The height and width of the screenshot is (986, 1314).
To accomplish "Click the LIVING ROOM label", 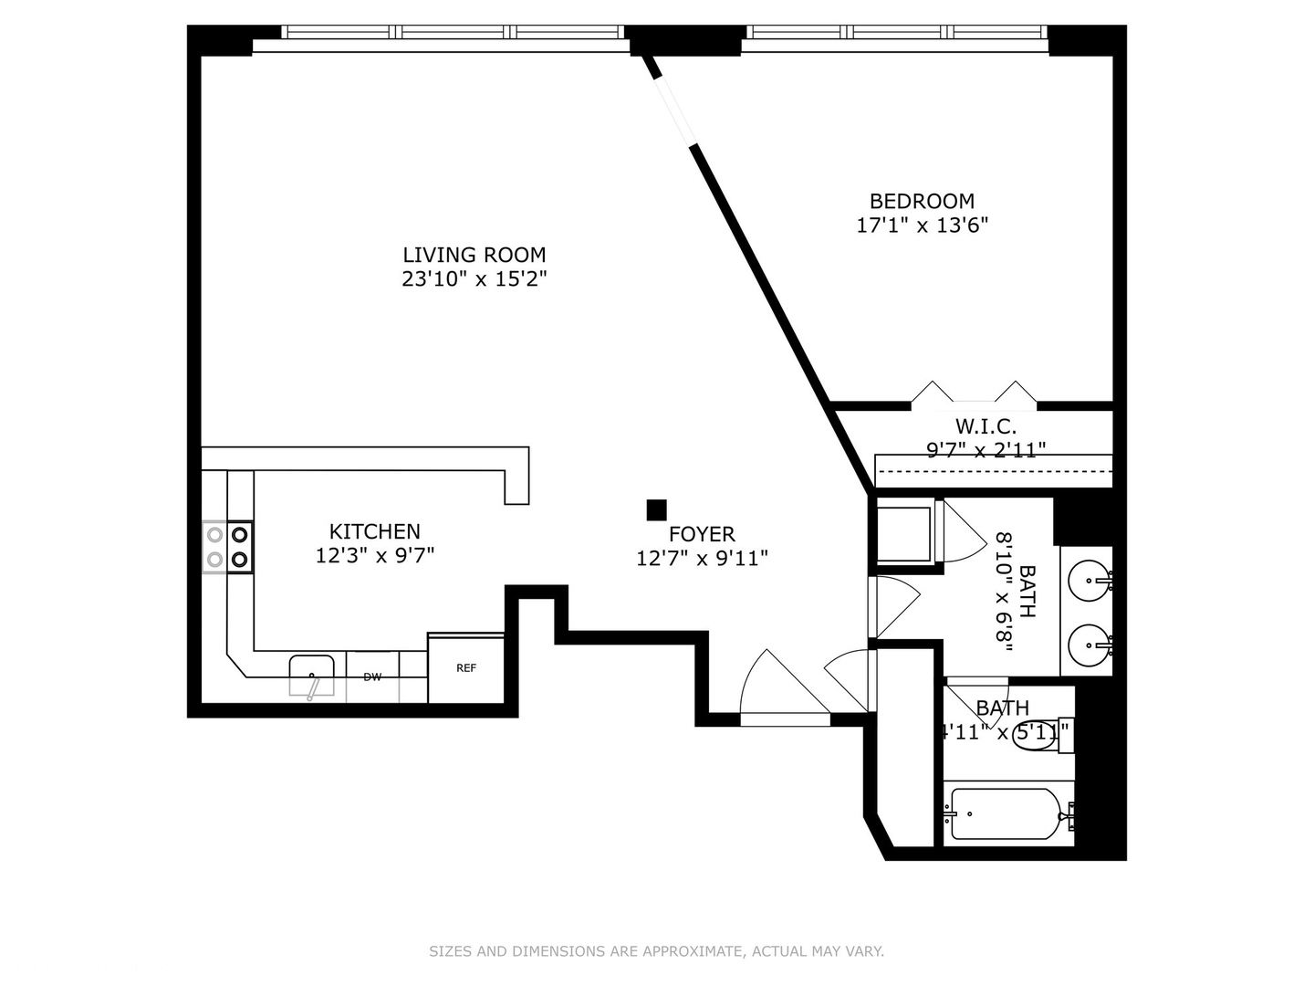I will pos(474,255).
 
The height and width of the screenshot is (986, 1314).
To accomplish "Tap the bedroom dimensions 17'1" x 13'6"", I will pos(922,225).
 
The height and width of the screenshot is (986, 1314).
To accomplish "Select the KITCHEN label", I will pos(374,531).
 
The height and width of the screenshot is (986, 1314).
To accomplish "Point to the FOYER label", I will pos(701,534).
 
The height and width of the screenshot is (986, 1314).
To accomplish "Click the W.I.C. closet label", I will pos(985,426).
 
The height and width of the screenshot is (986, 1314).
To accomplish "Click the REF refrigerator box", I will pos(465,668).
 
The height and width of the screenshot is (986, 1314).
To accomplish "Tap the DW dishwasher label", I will pos(372,677).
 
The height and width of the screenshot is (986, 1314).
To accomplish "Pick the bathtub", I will pos(1004,813).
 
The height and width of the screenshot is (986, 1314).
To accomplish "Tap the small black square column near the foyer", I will pos(656,509).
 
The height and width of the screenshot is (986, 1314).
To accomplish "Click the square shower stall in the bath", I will pos(904,533).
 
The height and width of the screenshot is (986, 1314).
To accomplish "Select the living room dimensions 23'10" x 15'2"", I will pos(474,279).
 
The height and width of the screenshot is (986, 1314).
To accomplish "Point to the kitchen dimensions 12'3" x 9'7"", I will pos(374,555).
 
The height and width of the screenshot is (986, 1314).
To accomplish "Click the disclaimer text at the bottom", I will pos(656,951).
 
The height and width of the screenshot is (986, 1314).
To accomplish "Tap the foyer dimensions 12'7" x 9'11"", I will pos(701,558).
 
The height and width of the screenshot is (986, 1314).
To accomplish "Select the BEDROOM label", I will pos(922,201).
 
